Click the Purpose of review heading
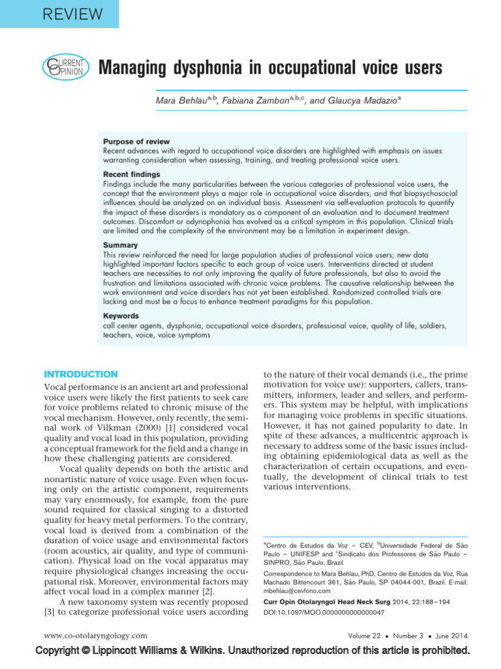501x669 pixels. click(136, 142)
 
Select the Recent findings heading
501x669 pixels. click(132, 174)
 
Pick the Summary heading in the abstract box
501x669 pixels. click(121, 245)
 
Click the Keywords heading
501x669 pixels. click(121, 316)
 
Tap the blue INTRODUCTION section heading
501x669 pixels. click(80, 374)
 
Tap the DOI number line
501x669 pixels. click(324, 612)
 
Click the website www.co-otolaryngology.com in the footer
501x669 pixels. click(95, 635)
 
